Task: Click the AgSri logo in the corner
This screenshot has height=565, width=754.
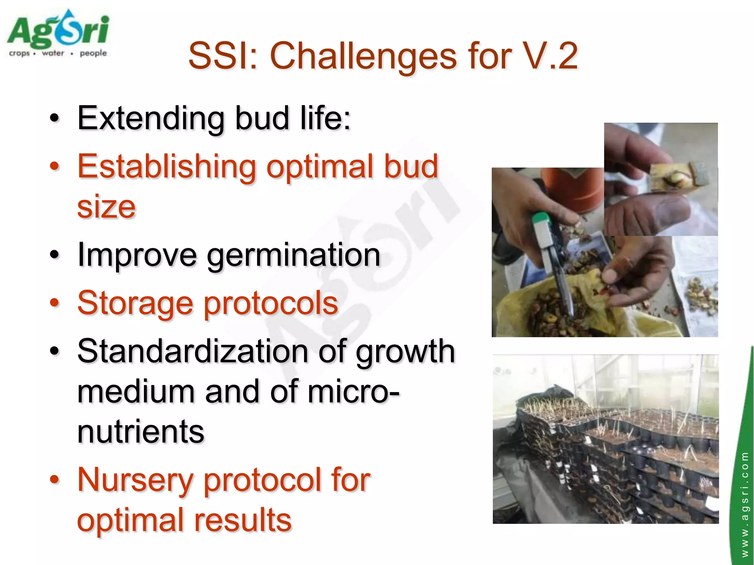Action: (x=58, y=31)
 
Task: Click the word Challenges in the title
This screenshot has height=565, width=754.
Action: (x=363, y=56)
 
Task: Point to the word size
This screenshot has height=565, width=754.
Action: (x=106, y=207)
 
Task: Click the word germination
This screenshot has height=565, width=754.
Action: (x=293, y=255)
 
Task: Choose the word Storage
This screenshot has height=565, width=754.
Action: (x=135, y=303)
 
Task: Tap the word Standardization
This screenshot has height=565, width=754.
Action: (x=193, y=351)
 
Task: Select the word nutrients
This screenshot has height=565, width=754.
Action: (x=141, y=432)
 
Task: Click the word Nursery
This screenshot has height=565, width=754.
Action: (x=135, y=480)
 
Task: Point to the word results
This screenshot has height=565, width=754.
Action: (x=243, y=520)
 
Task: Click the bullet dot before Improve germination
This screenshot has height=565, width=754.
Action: (x=54, y=255)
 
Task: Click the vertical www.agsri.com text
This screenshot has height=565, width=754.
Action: (x=744, y=504)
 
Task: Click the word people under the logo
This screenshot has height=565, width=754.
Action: (x=93, y=53)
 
